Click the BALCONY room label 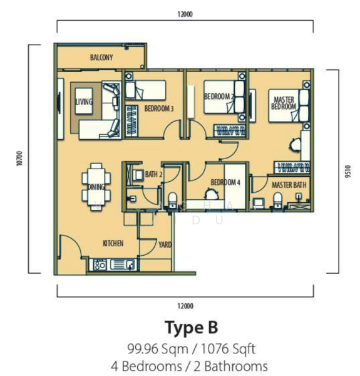(101, 58)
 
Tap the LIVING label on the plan (83, 102)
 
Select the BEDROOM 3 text (158, 108)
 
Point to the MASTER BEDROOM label (283, 103)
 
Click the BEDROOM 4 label (225, 182)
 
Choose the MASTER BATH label (289, 185)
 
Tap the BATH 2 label (154, 174)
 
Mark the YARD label (165, 244)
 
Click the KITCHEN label (113, 243)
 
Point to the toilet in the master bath (277, 200)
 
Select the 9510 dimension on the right (346, 170)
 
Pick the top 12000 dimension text (185, 14)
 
